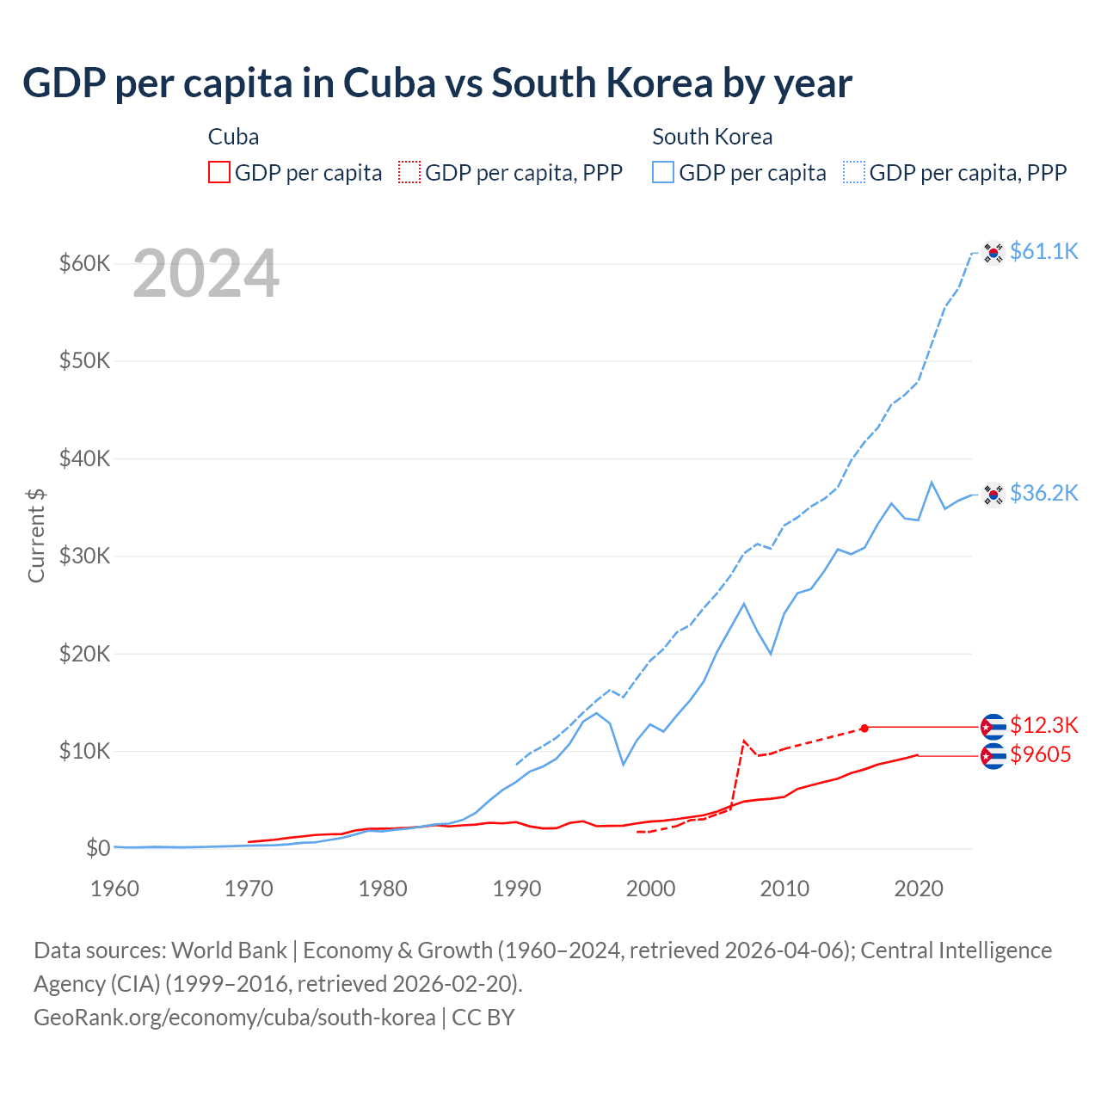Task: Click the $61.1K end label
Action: click(x=1043, y=251)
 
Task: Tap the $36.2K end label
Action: click(x=1043, y=493)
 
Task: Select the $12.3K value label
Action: click(x=1043, y=725)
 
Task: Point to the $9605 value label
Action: click(x=1040, y=755)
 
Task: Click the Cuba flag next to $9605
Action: click(x=993, y=756)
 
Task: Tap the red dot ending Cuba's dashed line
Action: click(x=864, y=728)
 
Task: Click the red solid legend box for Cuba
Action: click(x=219, y=173)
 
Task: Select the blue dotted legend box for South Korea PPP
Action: click(x=854, y=173)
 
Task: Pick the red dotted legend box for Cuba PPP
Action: click(x=409, y=173)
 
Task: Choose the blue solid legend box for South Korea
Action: click(x=663, y=173)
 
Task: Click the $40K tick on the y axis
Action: click(x=84, y=458)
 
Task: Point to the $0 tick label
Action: click(x=97, y=849)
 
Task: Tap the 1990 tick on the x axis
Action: click(x=517, y=889)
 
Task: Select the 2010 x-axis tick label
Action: click(x=784, y=889)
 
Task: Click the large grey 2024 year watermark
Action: click(x=206, y=274)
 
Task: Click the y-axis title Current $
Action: click(x=36, y=535)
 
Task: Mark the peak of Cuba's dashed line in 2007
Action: click(x=744, y=740)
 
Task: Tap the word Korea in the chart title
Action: click(x=659, y=83)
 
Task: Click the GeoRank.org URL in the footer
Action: click(x=234, y=1018)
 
